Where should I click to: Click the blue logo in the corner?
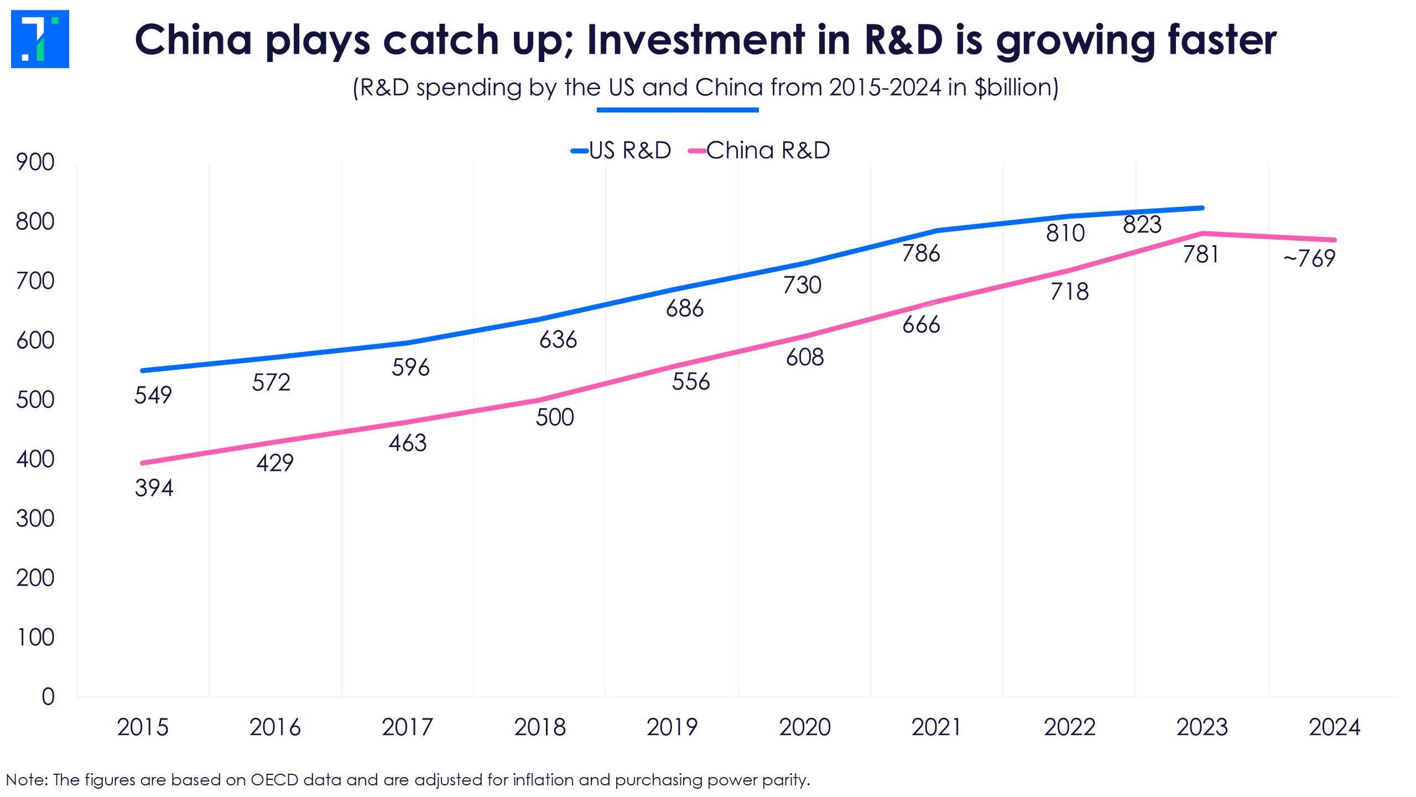pyautogui.click(x=40, y=39)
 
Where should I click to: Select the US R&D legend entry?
pyautogui.click(x=621, y=151)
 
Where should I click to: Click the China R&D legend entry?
pyautogui.click(x=759, y=151)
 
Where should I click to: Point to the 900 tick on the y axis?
pyautogui.click(x=35, y=162)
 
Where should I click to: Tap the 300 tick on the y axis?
pyautogui.click(x=35, y=519)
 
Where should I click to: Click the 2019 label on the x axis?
pyautogui.click(x=672, y=727)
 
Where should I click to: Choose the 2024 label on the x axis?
pyautogui.click(x=1334, y=727)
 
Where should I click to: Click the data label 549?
pyautogui.click(x=153, y=395)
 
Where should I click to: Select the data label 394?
pyautogui.click(x=154, y=488)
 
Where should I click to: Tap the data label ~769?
pyautogui.click(x=1309, y=258)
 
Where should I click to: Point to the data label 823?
pyautogui.click(x=1142, y=225)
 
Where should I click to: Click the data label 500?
pyautogui.click(x=555, y=417)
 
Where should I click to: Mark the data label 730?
pyautogui.click(x=802, y=286)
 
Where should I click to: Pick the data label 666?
pyautogui.click(x=921, y=325)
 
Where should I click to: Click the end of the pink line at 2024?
pyautogui.click(x=1334, y=240)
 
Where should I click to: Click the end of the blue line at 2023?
pyautogui.click(x=1202, y=208)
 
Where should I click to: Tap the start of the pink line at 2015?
pyautogui.click(x=143, y=463)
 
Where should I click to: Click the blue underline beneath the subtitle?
pyautogui.click(x=678, y=110)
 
